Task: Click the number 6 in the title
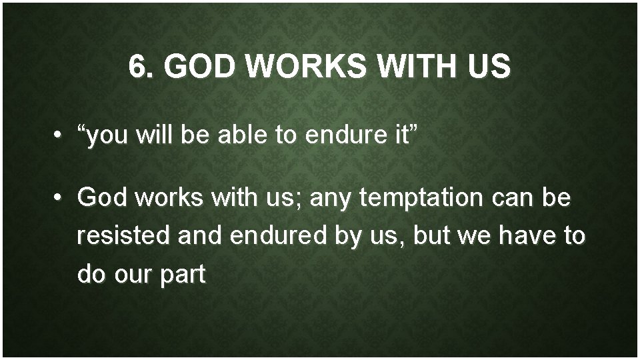tap(137, 67)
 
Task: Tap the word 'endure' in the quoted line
tap(341, 137)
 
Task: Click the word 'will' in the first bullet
tap(153, 137)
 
